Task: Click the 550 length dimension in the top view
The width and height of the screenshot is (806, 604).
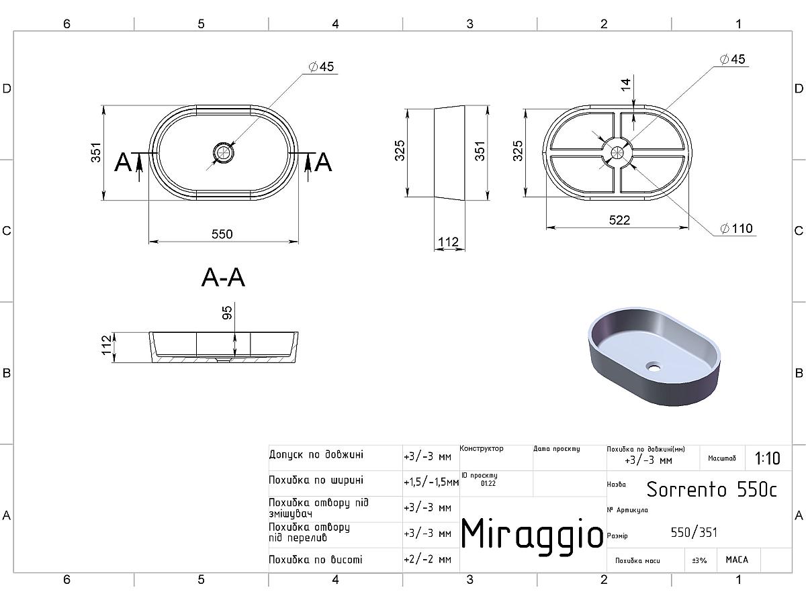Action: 222,234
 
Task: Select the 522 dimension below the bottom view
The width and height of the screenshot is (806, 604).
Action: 619,220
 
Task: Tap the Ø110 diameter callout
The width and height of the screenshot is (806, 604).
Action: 736,228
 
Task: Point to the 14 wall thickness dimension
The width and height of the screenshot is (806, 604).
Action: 626,85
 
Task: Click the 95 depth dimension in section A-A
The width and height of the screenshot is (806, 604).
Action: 227,313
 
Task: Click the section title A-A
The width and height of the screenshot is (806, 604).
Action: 223,278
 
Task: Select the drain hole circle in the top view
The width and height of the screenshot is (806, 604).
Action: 224,152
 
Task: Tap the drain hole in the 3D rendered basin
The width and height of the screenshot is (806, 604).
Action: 654,366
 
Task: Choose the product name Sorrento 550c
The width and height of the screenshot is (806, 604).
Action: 711,489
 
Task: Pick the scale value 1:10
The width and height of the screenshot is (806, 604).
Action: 768,458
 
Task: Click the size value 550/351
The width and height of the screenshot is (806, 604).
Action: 694,532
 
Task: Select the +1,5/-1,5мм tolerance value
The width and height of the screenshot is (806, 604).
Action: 431,483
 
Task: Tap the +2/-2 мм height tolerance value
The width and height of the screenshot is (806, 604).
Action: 427,559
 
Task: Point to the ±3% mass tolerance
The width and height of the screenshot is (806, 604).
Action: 699,560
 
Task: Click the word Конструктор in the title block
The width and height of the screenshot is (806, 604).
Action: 482,448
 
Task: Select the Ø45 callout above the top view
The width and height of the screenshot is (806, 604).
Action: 321,66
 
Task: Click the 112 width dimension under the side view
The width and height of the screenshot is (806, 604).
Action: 449,242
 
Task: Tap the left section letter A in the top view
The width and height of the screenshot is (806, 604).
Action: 123,162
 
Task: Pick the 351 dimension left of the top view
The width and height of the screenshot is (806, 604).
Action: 96,152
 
